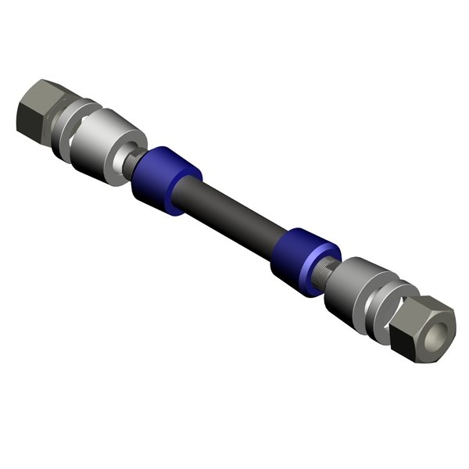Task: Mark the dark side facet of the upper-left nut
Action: click(28, 117)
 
